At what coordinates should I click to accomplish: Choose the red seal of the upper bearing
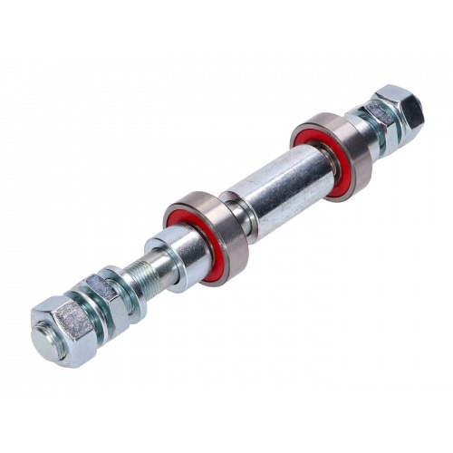pos(336,164)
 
